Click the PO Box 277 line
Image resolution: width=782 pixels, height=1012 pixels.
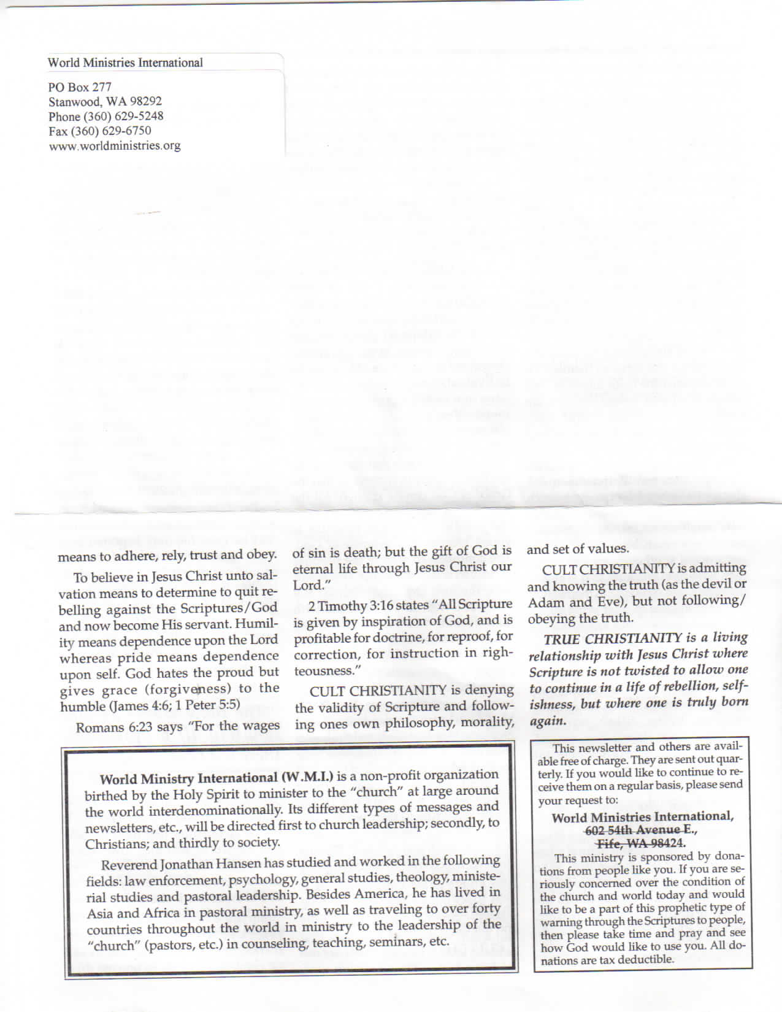(x=80, y=87)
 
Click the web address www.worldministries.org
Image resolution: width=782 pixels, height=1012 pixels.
(x=115, y=146)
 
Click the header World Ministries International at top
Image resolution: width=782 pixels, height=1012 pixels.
(x=125, y=63)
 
